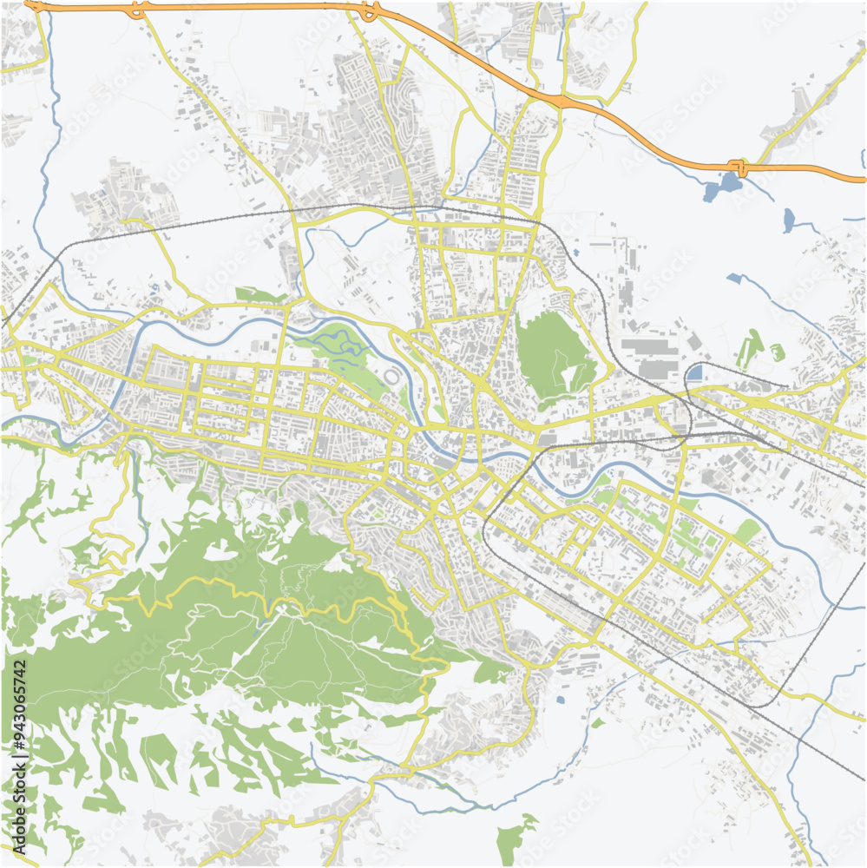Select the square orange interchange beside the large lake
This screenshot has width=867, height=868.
pyautogui.click(x=737, y=166)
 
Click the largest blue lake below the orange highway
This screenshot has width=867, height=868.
pyautogui.click(x=726, y=185)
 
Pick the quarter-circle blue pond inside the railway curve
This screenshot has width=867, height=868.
pyautogui.click(x=694, y=373)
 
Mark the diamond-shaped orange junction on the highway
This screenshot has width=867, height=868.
pyautogui.click(x=564, y=102)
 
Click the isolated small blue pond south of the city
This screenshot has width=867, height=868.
pyautogui.click(x=560, y=699)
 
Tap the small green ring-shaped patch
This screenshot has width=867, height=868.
pyautogui.click(x=777, y=352)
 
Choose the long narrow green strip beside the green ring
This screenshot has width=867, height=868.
pyautogui.click(x=745, y=351)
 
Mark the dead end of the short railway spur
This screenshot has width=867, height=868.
pyautogui.click(x=786, y=385)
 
